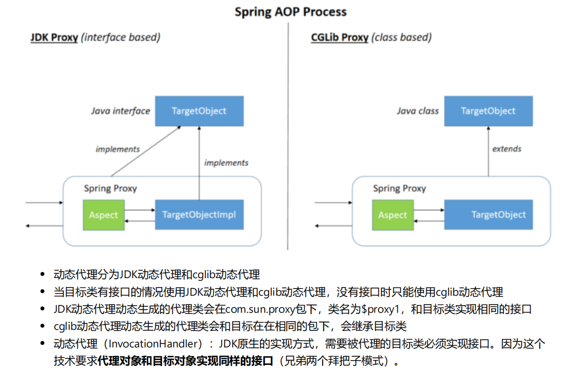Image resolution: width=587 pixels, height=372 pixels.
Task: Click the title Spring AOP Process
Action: pyautogui.click(x=290, y=12)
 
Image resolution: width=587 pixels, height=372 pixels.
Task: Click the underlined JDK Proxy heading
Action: pyautogui.click(x=54, y=38)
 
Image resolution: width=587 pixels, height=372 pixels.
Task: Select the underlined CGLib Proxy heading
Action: pyautogui.click(x=340, y=38)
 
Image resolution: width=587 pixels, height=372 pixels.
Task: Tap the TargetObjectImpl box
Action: pyautogui.click(x=199, y=215)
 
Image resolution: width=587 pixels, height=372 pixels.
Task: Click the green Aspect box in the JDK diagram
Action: pyautogui.click(x=104, y=215)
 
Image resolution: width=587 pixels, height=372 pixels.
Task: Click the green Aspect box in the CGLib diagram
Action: pyautogui.click(x=393, y=215)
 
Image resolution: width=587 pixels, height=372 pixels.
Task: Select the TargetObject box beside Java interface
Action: pyautogui.click(x=199, y=111)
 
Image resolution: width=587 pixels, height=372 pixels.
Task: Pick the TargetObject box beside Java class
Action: pyautogui.click(x=488, y=111)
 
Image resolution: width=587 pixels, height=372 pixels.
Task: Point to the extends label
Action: pyautogui.click(x=507, y=149)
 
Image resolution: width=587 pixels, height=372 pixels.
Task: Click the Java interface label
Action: pyautogui.click(x=121, y=111)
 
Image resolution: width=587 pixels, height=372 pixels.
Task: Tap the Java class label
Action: pyautogui.click(x=418, y=111)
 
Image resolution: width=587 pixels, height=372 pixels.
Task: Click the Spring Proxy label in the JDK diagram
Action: pyautogui.click(x=110, y=188)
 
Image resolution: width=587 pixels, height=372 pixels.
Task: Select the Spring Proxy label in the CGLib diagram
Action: pyautogui.click(x=399, y=188)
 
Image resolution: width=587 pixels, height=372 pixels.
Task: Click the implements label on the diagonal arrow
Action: pyautogui.click(x=118, y=149)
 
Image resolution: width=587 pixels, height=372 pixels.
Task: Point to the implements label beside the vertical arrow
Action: pyautogui.click(x=226, y=163)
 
